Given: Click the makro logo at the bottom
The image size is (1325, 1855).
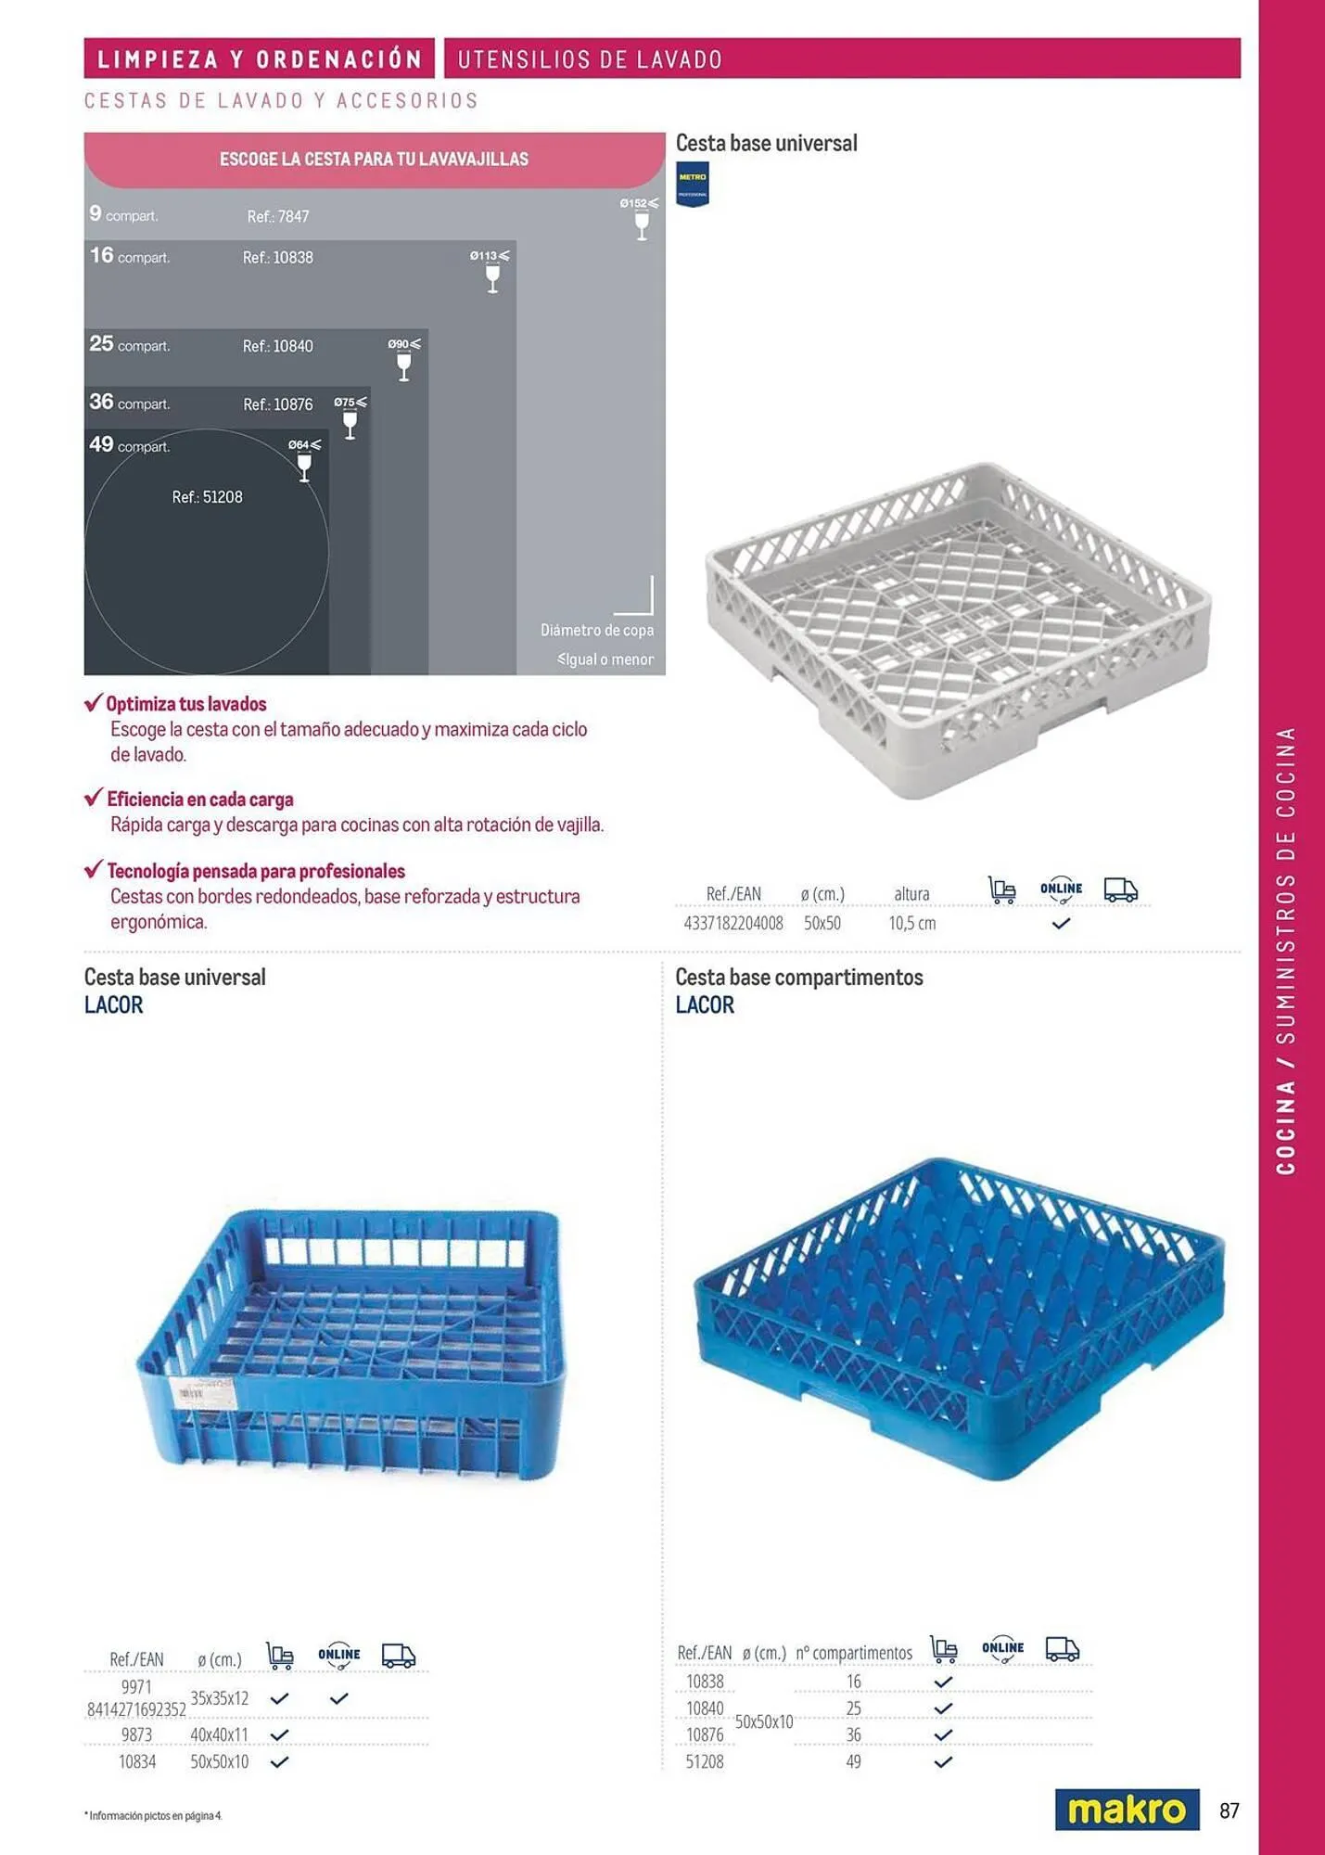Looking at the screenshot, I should pos(1127,1810).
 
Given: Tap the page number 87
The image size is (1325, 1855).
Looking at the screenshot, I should pos(1229,1810).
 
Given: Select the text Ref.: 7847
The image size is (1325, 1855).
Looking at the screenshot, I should pos(278,217).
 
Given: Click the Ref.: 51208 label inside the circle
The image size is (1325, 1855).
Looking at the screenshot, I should pos(207,497).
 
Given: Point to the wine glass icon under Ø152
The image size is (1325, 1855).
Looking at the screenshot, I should pos(642,225).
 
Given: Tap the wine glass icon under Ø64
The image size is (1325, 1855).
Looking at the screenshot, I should pos(304,467).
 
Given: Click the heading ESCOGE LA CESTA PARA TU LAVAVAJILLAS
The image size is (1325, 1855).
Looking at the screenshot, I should pos(374,160).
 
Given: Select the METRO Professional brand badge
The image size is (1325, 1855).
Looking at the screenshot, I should pos(693,184).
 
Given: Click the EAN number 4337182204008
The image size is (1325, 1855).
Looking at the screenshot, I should pos(733,924).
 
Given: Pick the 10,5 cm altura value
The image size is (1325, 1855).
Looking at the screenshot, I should pos(912,924).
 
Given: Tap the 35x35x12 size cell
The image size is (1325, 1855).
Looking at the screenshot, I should pos(220,1698).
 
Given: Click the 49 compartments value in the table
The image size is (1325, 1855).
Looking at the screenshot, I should pos(853,1761).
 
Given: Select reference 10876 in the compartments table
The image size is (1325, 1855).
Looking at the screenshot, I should pos(705,1734).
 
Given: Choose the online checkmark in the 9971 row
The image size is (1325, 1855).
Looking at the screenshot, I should pos(339,1698).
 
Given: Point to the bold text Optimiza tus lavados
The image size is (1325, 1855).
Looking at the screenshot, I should pos(186,704).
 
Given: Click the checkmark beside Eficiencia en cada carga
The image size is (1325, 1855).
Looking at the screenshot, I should pos(94,798).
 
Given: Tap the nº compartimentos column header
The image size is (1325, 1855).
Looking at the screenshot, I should pos(854,1653).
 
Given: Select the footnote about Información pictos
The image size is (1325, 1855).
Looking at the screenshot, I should pos(155,1815).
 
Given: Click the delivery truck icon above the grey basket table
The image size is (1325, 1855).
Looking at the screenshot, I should pos(1120,890).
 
